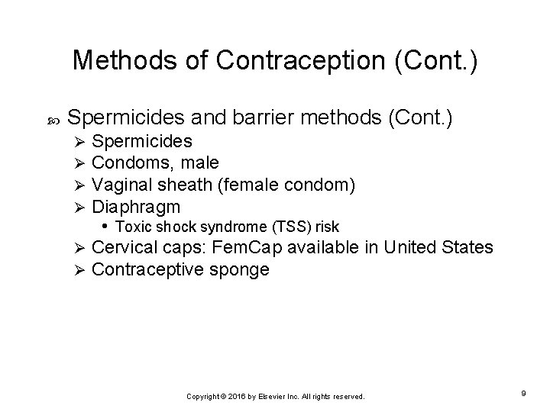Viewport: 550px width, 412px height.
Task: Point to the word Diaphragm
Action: coord(135,207)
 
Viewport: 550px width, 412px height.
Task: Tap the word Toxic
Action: coord(131,227)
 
